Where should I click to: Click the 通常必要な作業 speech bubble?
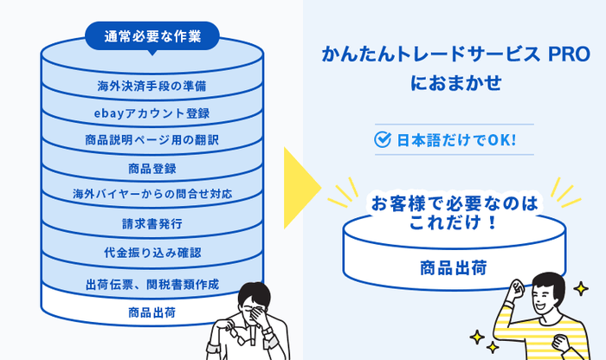pyautogui.click(x=151, y=35)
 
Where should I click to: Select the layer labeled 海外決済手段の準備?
pyautogui.click(x=151, y=85)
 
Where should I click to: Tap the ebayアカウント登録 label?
pyautogui.click(x=151, y=112)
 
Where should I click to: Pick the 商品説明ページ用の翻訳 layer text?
pyautogui.click(x=151, y=139)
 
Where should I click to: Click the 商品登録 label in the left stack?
pyautogui.click(x=151, y=168)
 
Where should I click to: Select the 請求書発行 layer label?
pyautogui.click(x=151, y=223)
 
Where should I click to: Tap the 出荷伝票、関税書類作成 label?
pyautogui.click(x=151, y=284)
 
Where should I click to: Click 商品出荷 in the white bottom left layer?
pyautogui.click(x=151, y=312)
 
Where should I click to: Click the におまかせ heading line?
pyautogui.click(x=455, y=85)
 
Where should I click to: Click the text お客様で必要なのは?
pyautogui.click(x=454, y=204)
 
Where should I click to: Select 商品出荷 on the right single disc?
pyautogui.click(x=454, y=267)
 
